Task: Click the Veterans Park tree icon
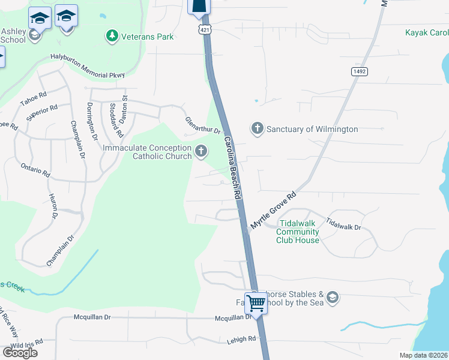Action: [112, 37]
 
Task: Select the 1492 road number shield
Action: [359, 71]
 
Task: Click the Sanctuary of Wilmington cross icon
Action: [257, 128]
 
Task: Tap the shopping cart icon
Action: [256, 304]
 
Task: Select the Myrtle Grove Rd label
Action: [274, 211]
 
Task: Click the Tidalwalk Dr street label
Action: [343, 224]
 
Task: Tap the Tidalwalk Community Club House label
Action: [298, 232]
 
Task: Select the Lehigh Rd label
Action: [241, 338]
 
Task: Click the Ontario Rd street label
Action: [35, 170]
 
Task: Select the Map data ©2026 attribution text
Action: [423, 355]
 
